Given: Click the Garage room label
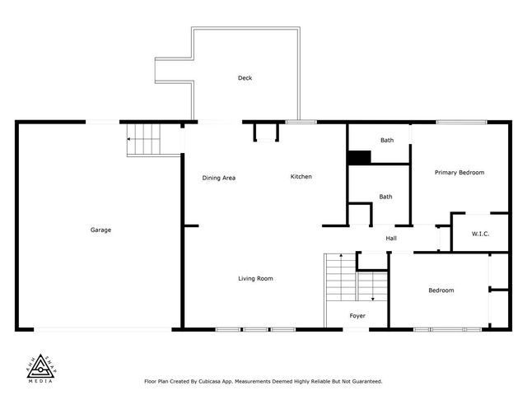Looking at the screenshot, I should coord(100,230).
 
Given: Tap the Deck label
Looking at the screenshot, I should coord(245,78).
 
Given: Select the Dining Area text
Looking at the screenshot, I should coord(219,178).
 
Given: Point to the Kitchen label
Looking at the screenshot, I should coord(301,177).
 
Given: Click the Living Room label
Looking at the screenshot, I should coord(255,278).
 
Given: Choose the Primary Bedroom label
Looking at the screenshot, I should coord(459,173).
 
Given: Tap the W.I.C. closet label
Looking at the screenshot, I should coord(480,234).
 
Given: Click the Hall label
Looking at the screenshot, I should coord(391,239).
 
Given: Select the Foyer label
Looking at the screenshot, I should coord(357,315).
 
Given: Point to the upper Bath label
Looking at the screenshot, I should coord(386,141).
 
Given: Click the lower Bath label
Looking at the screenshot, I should coord(385,197).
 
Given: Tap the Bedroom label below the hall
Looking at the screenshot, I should coord(441,290).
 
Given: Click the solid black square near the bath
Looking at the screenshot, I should coord(358,158).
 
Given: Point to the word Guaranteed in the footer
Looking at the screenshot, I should coord(364,381).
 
